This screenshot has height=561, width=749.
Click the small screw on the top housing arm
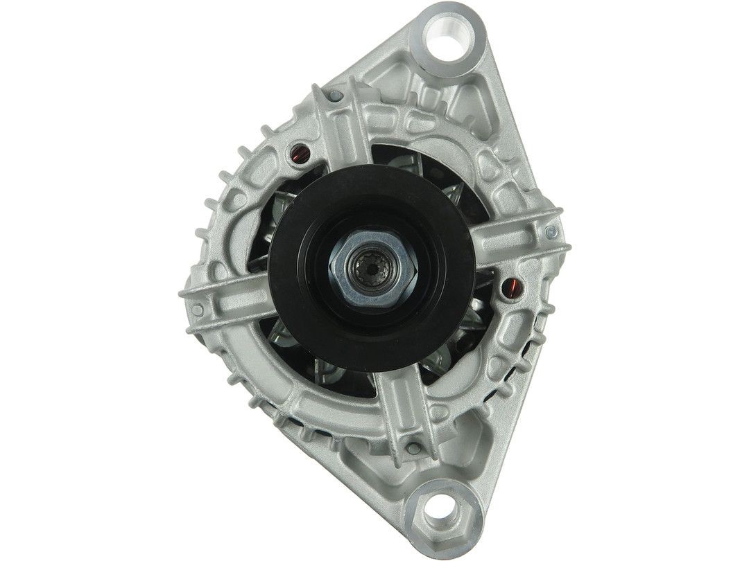point(336,96)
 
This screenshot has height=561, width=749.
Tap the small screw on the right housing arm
point(551,232)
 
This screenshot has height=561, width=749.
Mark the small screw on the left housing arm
point(198,310)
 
